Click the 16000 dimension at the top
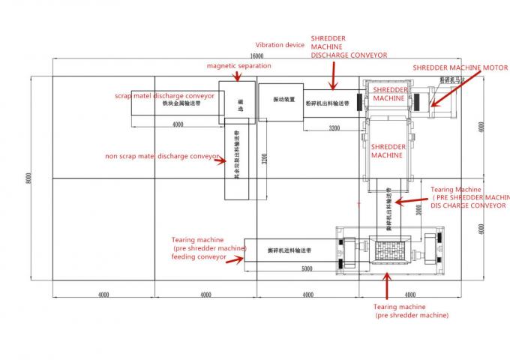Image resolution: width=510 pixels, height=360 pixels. pyautogui.click(x=257, y=56)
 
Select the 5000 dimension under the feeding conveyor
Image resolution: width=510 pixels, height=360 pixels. pyautogui.click(x=307, y=268)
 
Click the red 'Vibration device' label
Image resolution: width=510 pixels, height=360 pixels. pyautogui.click(x=280, y=45)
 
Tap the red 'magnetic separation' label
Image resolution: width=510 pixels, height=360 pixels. pyautogui.click(x=239, y=65)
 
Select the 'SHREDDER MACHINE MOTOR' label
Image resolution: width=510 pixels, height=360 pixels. pyautogui.click(x=460, y=67)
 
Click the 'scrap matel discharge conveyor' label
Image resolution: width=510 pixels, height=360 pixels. pyautogui.click(x=164, y=96)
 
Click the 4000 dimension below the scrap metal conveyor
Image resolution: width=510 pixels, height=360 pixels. pyautogui.click(x=177, y=124)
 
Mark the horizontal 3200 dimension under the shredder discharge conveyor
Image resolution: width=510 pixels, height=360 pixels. pyautogui.click(x=334, y=128)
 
